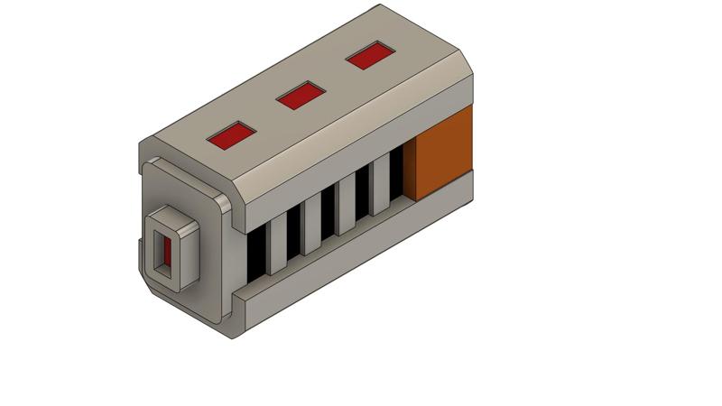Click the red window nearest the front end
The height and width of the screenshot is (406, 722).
click(x=232, y=135)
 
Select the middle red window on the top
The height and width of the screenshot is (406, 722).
click(x=301, y=95)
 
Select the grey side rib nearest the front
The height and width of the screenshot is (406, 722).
click(x=276, y=244)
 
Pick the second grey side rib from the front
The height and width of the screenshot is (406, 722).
click(x=311, y=225)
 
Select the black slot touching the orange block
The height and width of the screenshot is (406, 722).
click(x=396, y=175)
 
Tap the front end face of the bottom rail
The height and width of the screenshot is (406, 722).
click(x=241, y=311)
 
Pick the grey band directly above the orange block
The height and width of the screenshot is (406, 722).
click(x=440, y=99)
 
